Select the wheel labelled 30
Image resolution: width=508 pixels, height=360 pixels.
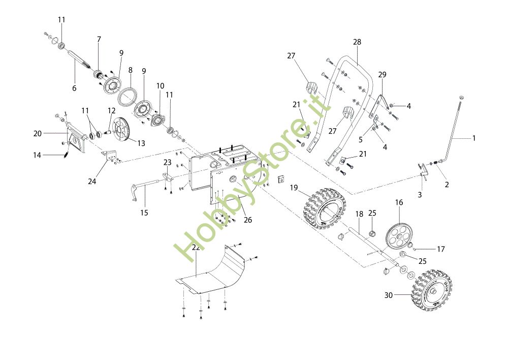(x=431, y=290)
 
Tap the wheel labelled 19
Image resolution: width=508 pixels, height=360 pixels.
(x=326, y=208)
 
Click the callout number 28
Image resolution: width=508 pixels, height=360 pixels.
(x=357, y=42)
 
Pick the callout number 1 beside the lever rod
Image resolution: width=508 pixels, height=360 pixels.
(x=474, y=138)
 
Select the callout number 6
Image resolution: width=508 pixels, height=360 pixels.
(x=74, y=88)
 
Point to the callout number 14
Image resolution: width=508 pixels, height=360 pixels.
(x=37, y=155)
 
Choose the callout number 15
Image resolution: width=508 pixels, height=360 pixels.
(x=144, y=213)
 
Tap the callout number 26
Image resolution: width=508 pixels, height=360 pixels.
(x=248, y=220)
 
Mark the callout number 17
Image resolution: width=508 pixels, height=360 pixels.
(x=441, y=249)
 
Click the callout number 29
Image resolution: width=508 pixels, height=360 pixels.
(x=383, y=75)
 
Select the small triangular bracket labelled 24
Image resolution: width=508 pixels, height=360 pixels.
(x=110, y=156)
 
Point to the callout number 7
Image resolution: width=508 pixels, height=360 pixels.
(x=99, y=39)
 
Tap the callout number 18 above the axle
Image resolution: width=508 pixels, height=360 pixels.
(x=359, y=214)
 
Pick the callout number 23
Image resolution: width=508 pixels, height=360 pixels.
(x=167, y=162)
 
